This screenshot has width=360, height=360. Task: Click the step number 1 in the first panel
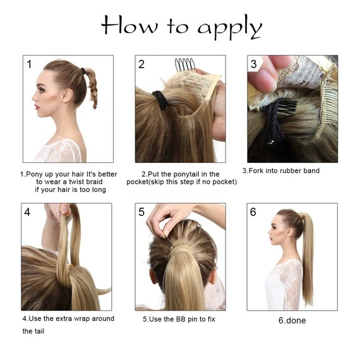tap(29, 64)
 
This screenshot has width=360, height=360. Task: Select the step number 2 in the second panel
tap(141, 64)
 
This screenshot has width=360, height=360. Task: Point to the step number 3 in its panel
tap(254, 64)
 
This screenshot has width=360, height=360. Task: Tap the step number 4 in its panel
tap(27, 212)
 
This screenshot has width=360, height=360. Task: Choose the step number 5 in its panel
tap(141, 212)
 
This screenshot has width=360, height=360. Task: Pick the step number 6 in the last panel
tap(253, 212)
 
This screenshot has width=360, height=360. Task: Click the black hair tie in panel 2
tap(160, 100)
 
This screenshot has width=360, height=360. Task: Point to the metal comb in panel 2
tap(184, 64)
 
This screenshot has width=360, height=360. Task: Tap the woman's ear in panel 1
tap(68, 95)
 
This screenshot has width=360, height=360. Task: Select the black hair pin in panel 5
tap(169, 243)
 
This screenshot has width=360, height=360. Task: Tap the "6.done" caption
tap(292, 320)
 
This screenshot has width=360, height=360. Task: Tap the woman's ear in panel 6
tap(291, 233)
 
